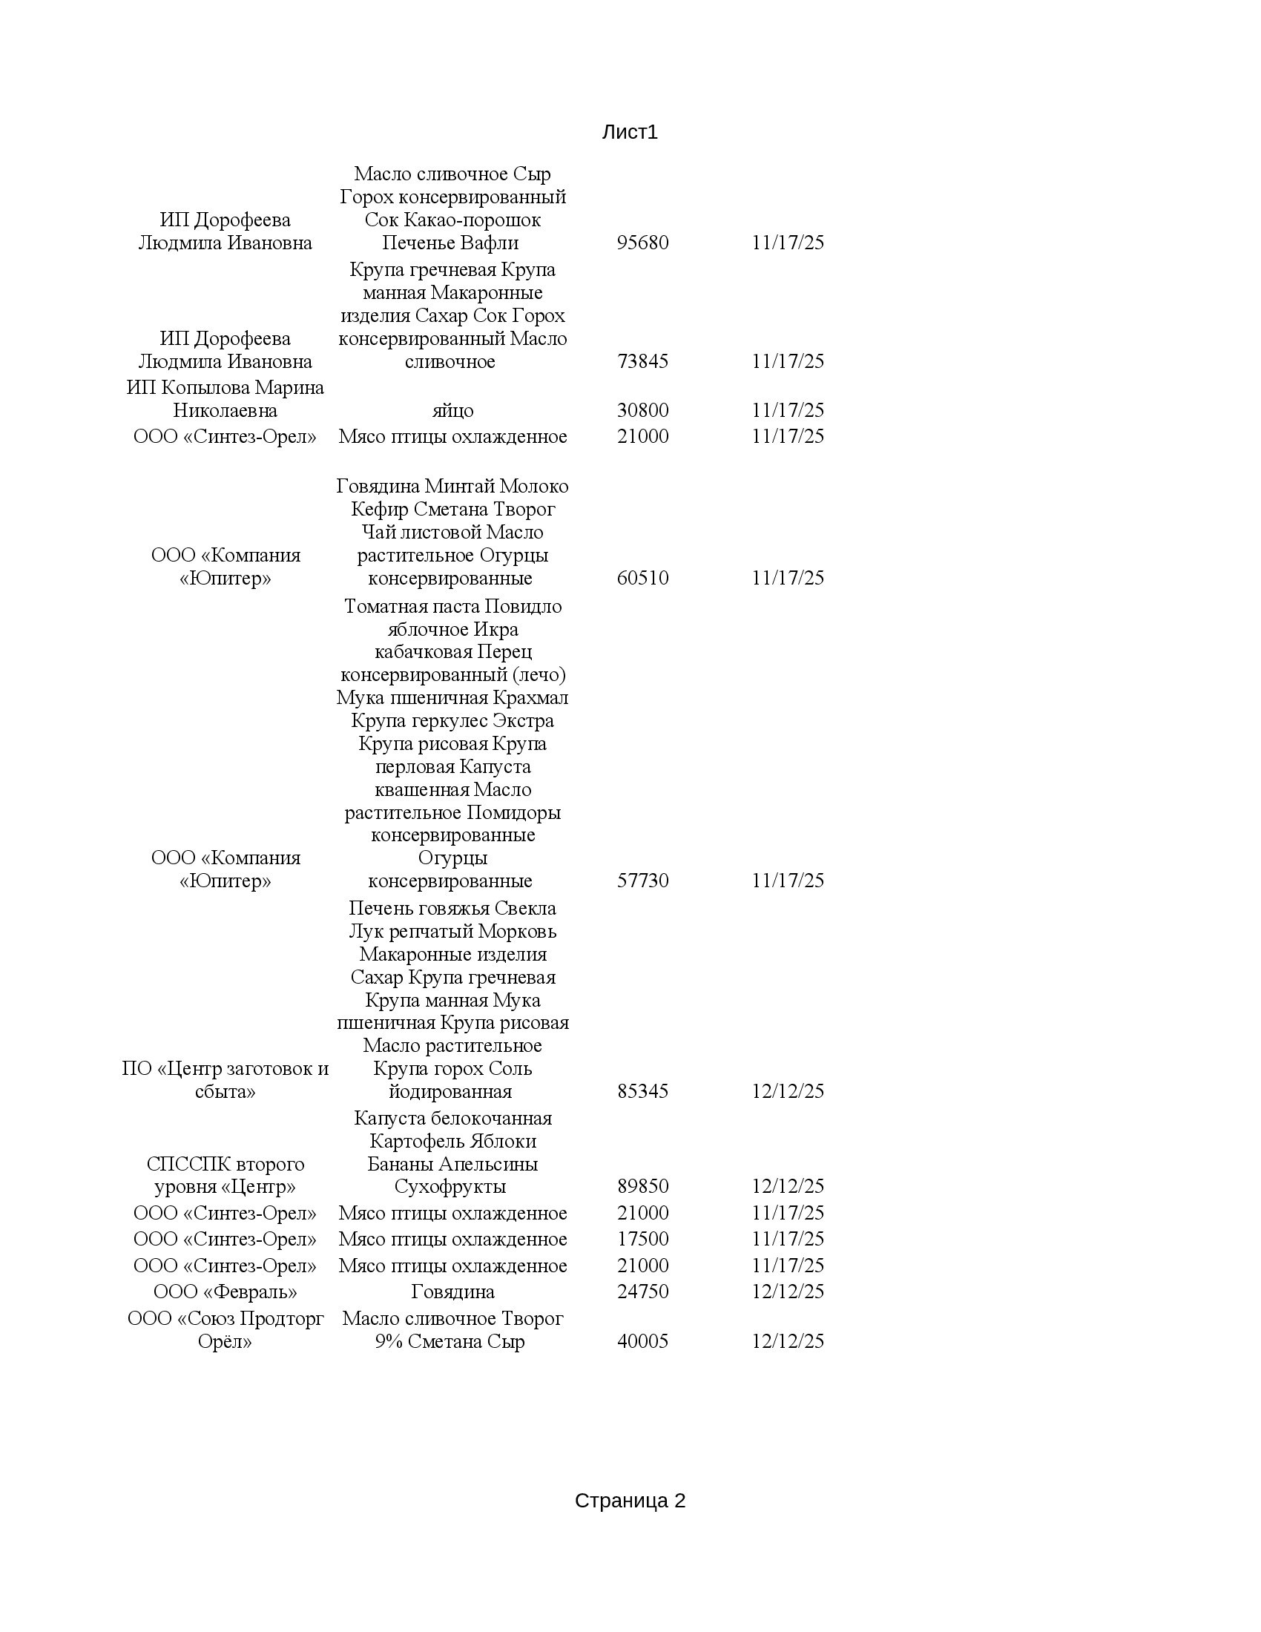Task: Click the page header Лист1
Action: (630, 132)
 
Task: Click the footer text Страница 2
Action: (630, 1501)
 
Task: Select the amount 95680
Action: (642, 243)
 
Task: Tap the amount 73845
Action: (642, 362)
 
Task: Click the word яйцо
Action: (452, 411)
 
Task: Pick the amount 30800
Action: (642, 410)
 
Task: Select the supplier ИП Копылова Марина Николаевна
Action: (225, 399)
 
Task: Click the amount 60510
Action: (642, 578)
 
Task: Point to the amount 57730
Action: (642, 881)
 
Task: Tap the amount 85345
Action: (642, 1091)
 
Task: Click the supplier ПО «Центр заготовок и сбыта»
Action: (225, 1080)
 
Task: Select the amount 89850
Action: (642, 1186)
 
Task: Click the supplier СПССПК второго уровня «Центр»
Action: (225, 1175)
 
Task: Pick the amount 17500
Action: (642, 1239)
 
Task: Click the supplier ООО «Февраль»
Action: (225, 1292)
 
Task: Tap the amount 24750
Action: (642, 1292)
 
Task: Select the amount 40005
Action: (642, 1341)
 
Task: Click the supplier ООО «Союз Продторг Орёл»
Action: (225, 1330)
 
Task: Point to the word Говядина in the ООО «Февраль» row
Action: (452, 1292)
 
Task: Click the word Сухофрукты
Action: (450, 1186)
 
